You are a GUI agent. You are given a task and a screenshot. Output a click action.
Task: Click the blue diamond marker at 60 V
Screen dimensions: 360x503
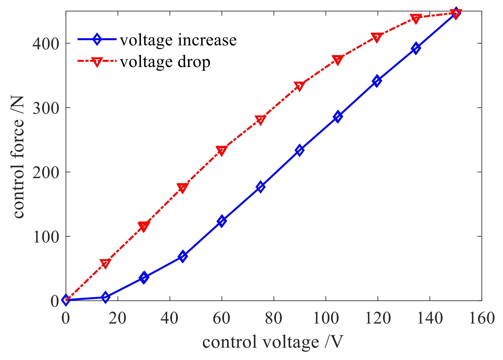pyautogui.click(x=221, y=221)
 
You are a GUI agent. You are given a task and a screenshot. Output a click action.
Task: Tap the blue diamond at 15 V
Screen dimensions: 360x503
pyautogui.click(x=105, y=297)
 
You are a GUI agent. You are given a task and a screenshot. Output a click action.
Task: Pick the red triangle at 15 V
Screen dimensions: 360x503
pyautogui.click(x=105, y=263)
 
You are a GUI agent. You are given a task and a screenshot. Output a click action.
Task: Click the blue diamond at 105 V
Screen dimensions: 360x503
pyautogui.click(x=338, y=117)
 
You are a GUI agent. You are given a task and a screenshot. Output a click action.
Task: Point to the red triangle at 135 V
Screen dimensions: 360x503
pyautogui.click(x=416, y=19)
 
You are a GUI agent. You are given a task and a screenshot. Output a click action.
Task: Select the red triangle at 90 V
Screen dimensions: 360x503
pyautogui.click(x=299, y=86)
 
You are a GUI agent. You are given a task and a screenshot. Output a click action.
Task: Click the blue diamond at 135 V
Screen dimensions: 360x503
pyautogui.click(x=416, y=48)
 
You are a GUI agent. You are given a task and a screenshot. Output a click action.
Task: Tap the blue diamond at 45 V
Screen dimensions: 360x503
pyautogui.click(x=183, y=256)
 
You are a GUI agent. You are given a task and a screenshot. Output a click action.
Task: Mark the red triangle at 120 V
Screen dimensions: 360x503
pyautogui.click(x=377, y=37)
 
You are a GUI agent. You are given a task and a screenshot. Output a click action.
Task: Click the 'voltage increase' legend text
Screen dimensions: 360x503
pyautogui.click(x=178, y=40)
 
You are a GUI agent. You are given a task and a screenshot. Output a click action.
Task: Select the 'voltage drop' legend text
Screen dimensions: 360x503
pyautogui.click(x=165, y=62)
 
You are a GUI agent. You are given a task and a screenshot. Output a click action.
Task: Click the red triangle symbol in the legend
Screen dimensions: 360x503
pyautogui.click(x=97, y=61)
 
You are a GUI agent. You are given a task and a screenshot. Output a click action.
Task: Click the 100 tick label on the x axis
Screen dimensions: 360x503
pyautogui.click(x=326, y=318)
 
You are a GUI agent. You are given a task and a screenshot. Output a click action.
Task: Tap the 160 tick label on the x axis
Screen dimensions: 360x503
pyautogui.click(x=482, y=318)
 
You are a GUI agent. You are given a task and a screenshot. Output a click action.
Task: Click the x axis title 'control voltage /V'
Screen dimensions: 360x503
pyautogui.click(x=273, y=342)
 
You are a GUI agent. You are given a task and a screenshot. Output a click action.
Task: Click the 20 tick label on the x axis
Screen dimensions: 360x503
pyautogui.click(x=118, y=318)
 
